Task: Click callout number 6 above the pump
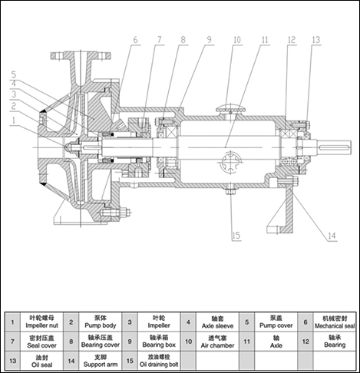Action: [135, 40]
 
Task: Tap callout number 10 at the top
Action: [237, 40]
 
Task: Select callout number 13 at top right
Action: [316, 40]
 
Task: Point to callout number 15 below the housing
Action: [236, 236]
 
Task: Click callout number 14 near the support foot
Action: [332, 236]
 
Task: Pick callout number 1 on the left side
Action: [14, 120]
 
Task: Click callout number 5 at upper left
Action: [14, 74]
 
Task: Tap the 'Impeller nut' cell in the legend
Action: [41, 322]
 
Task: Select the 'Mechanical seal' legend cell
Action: [335, 322]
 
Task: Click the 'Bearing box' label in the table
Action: [159, 342]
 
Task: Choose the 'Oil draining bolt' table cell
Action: [159, 361]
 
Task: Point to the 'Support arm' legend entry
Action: [101, 361]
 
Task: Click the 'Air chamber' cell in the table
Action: [217, 342]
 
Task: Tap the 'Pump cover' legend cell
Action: [276, 322]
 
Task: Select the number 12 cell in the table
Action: [306, 342]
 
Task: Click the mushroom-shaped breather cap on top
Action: [231, 109]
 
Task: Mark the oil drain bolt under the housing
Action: [231, 190]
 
